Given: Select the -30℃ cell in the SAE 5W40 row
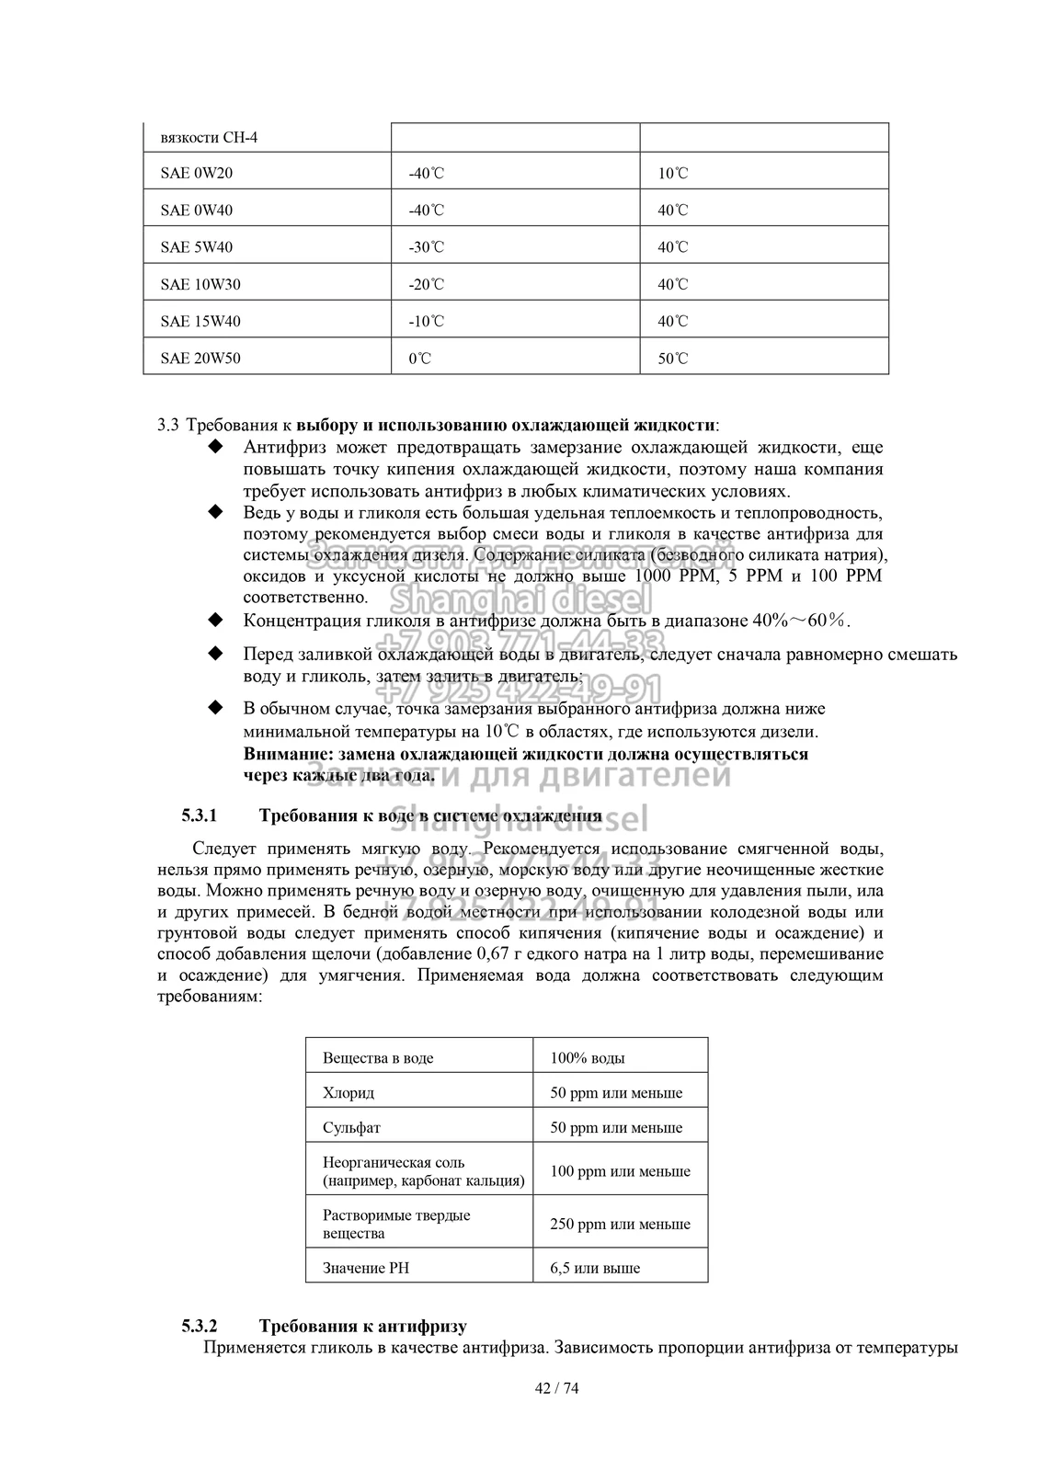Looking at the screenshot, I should pos(426,247).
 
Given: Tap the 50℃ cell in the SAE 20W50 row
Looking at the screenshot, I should pos(672,359).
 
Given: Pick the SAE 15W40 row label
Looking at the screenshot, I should pos(200,322).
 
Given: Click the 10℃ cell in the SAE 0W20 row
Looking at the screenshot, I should pos(672,173).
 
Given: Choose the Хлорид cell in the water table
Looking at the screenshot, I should pos(349,1093).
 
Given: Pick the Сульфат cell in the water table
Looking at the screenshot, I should pos(351,1127).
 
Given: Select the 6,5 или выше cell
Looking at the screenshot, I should pos(595,1268).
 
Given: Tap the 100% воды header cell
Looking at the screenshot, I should pos(588,1058).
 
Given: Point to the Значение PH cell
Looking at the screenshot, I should pos(365,1268).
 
